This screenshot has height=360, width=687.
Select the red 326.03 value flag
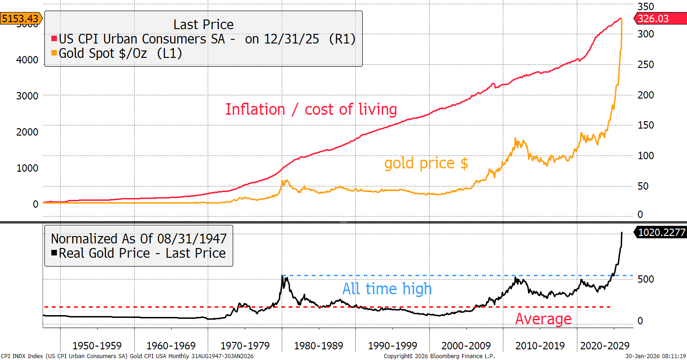pos(661,19)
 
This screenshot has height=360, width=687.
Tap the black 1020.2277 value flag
pos(661,232)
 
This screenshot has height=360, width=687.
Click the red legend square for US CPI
pos(54,39)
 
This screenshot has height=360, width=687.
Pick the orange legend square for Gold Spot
pos(54,54)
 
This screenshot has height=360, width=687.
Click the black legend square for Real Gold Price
pos(54,253)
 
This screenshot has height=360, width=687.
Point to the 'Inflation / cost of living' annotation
pos(311,110)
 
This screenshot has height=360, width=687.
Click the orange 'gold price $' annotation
pos(426,163)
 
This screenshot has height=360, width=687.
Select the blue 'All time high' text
pos(387,289)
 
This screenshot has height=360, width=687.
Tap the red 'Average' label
pos(543,319)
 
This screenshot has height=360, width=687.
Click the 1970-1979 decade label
pos(245,346)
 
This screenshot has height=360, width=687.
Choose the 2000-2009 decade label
pos(466,346)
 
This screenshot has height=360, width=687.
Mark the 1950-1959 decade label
pos(97,346)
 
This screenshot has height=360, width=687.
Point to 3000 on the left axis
pos(27,96)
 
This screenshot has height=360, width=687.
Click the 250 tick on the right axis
pos(646,65)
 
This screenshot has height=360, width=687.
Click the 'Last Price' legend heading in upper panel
pos(204,24)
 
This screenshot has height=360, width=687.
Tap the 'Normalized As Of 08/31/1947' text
pos(139,239)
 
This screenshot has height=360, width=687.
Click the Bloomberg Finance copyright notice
pos(439,356)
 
